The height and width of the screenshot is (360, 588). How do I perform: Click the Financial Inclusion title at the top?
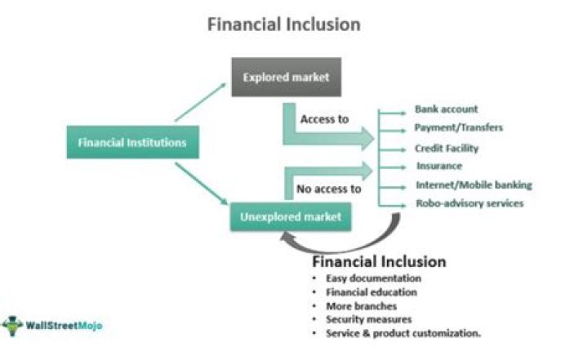[x=283, y=24]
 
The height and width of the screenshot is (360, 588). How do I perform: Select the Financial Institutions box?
[x=131, y=143]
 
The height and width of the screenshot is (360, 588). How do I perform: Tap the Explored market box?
[x=286, y=78]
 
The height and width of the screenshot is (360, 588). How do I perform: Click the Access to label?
[x=324, y=119]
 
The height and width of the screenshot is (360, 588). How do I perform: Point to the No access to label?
[x=328, y=189]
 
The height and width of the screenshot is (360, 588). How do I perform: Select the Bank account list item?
[x=446, y=109]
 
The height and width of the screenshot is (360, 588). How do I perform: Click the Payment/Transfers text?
[x=458, y=128]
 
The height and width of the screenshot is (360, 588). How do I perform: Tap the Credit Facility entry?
[x=447, y=149]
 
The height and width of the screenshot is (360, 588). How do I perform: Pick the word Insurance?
[x=439, y=167]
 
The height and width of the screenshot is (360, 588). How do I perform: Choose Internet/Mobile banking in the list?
[x=474, y=185]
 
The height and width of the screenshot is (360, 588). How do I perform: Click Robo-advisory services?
[x=469, y=204]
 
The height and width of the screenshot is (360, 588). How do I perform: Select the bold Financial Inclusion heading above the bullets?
[x=379, y=262]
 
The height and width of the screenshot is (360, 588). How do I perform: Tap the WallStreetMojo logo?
[x=52, y=326]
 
